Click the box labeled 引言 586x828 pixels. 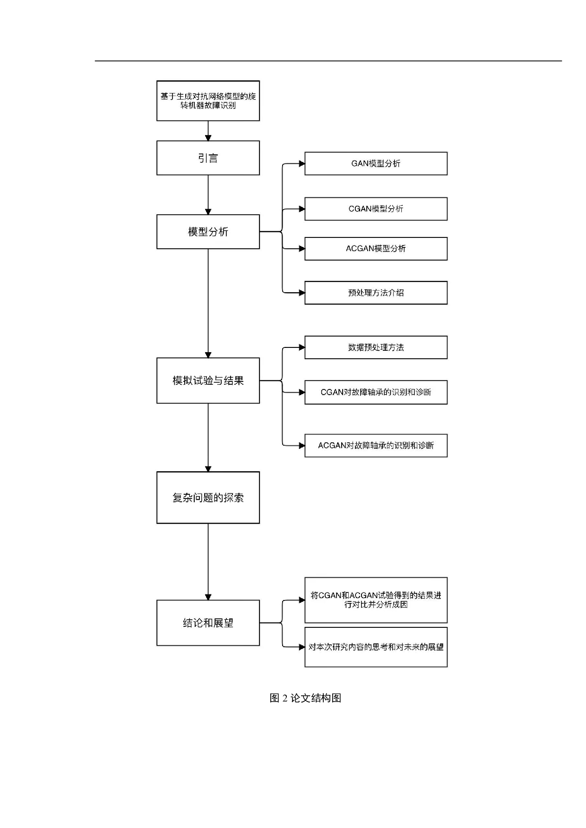click(x=208, y=158)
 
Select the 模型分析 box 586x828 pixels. click(x=208, y=232)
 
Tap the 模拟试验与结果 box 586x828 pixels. click(x=208, y=380)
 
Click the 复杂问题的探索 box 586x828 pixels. click(x=208, y=498)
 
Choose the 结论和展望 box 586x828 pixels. click(x=208, y=623)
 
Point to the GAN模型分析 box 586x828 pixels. click(x=376, y=163)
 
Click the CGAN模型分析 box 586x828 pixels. click(x=376, y=209)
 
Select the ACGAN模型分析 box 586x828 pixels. click(x=376, y=249)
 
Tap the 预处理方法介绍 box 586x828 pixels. click(x=376, y=293)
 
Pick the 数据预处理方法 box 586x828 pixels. click(x=376, y=347)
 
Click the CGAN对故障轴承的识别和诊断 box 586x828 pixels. click(x=376, y=392)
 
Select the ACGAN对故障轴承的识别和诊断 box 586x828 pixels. click(x=376, y=446)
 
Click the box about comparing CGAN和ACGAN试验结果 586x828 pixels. click(x=376, y=600)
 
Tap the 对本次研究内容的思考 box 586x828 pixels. click(x=376, y=647)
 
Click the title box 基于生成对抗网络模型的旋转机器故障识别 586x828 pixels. click(x=208, y=101)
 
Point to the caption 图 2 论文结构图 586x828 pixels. click(x=305, y=698)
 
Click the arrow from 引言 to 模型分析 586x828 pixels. click(x=208, y=194)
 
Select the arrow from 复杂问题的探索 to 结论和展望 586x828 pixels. click(x=208, y=562)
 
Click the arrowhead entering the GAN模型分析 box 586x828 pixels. click(x=302, y=164)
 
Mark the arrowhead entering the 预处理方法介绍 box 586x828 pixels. click(x=302, y=293)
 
